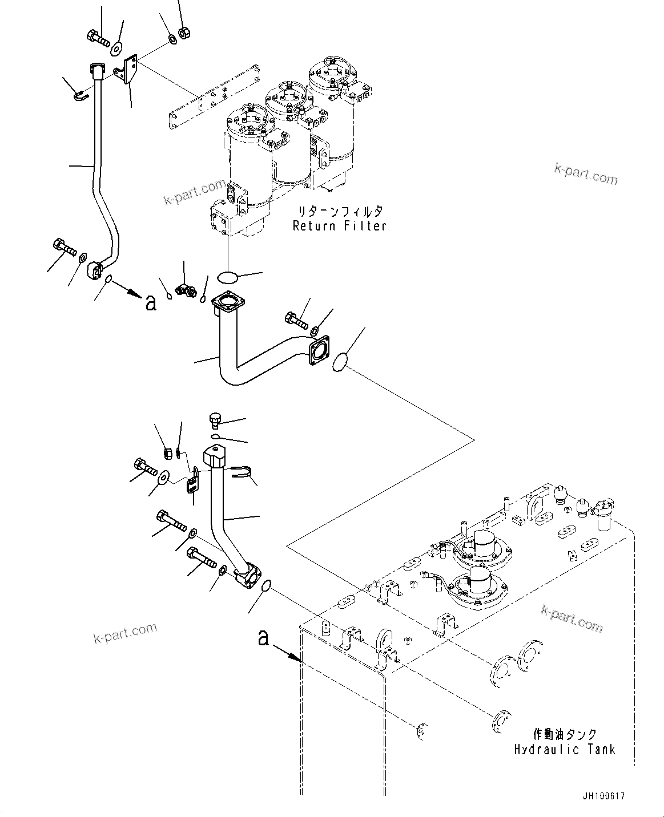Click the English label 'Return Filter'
pyautogui.click(x=340, y=226)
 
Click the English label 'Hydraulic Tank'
pyautogui.click(x=564, y=749)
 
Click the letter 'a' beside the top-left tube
pyautogui.click(x=151, y=303)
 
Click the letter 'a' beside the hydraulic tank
pyautogui.click(x=263, y=638)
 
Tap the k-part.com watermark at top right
pyautogui.click(x=586, y=173)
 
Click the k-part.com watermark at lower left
pyautogui.click(x=125, y=632)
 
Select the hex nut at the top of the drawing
pyautogui.click(x=184, y=33)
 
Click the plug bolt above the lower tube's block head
pyautogui.click(x=215, y=421)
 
